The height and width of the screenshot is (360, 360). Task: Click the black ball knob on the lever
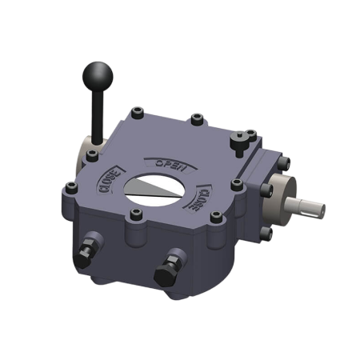pos(98,78)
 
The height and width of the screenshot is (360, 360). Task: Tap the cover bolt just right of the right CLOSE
pos(236,185)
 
